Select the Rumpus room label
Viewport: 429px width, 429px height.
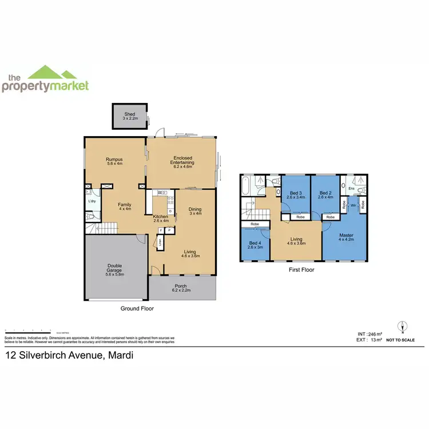tap(114, 161)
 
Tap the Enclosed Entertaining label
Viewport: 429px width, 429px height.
tap(182, 160)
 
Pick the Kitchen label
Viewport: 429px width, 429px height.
tap(160, 217)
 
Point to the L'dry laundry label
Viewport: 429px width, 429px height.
tap(92, 201)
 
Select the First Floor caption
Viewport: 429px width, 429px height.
tap(301, 270)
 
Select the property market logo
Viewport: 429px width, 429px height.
tap(46, 80)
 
